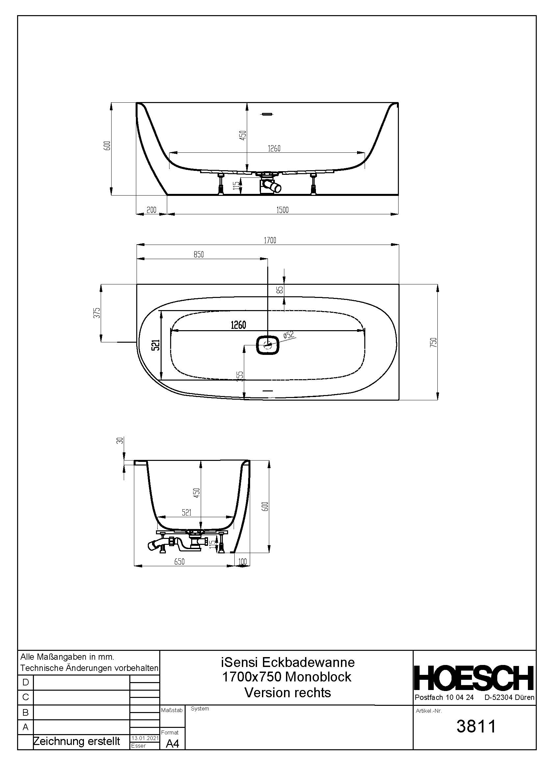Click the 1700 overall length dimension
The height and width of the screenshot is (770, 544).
tap(270, 240)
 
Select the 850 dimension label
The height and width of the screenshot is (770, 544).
tap(199, 254)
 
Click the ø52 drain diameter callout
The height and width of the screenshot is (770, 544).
tap(289, 335)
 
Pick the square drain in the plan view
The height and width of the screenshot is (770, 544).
tap(268, 345)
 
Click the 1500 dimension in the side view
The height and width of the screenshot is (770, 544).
tap(282, 210)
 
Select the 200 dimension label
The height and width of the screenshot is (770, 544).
tap(151, 210)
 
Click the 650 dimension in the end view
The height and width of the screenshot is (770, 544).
tap(180, 562)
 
